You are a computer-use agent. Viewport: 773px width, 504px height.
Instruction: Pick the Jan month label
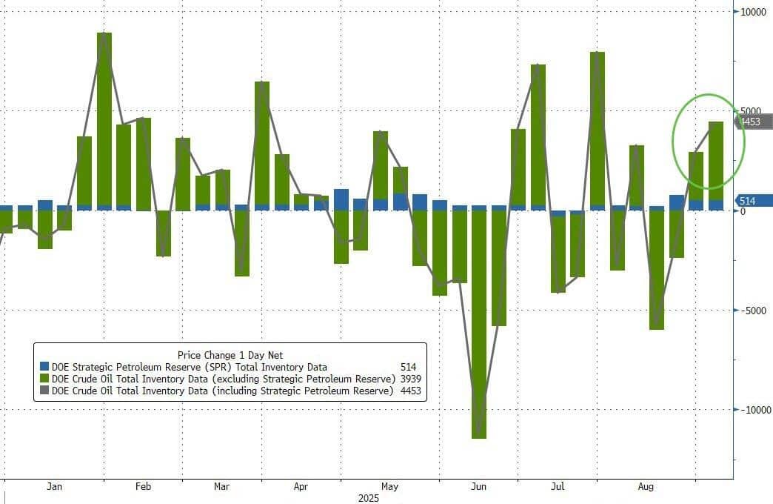[54, 487]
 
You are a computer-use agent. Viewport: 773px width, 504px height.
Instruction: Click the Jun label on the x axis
[479, 487]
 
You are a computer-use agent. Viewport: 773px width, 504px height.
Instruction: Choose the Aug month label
[646, 487]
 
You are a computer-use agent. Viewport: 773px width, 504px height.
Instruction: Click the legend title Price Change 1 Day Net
[230, 355]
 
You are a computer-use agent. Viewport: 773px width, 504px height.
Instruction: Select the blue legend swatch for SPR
[44, 367]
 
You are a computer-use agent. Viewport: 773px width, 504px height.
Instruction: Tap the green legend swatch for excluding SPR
[44, 379]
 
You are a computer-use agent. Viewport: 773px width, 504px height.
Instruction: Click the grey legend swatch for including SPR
[44, 391]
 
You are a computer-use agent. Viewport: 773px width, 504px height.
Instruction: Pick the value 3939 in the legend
[408, 379]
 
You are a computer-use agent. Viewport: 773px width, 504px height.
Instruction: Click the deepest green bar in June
[479, 326]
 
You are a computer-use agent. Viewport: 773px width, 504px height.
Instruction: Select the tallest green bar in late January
[104, 119]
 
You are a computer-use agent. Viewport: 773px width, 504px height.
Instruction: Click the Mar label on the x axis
[221, 487]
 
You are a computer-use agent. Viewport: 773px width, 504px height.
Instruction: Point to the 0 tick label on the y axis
[743, 210]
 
